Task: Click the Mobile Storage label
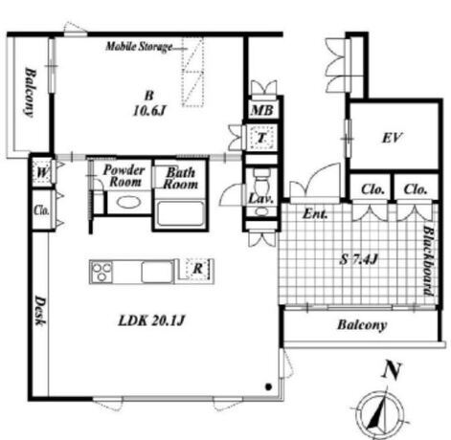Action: click(139, 47)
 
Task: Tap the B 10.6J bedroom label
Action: click(149, 103)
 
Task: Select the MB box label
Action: click(262, 110)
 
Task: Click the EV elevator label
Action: click(392, 138)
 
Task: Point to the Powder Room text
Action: click(124, 176)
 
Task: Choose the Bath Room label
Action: click(180, 178)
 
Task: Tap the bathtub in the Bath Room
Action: click(180, 213)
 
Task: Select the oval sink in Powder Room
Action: click(128, 202)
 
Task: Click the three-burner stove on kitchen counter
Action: click(101, 272)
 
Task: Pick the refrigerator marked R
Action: click(198, 269)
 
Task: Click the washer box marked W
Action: click(43, 172)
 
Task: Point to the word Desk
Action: click(40, 311)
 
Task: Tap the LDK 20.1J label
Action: click(151, 320)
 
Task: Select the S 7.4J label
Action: click(359, 259)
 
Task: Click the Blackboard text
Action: click(428, 261)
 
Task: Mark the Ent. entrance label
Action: click(315, 213)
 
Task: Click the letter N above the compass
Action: click(392, 371)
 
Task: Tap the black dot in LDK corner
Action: click(268, 386)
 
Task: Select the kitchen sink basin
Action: click(157, 272)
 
